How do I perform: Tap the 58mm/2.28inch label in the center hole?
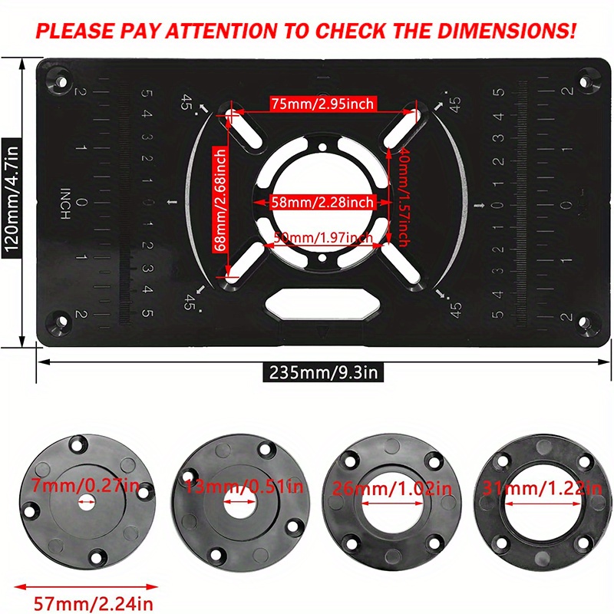[322, 202]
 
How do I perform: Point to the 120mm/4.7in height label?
[12, 200]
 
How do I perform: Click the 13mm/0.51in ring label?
[238, 486]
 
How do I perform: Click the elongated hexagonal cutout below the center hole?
[321, 304]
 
